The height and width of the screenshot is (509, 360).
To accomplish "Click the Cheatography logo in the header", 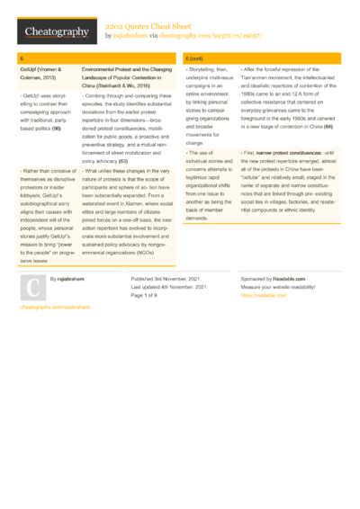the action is [x=56, y=32].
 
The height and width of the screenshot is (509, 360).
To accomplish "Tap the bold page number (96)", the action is [x=56, y=129].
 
